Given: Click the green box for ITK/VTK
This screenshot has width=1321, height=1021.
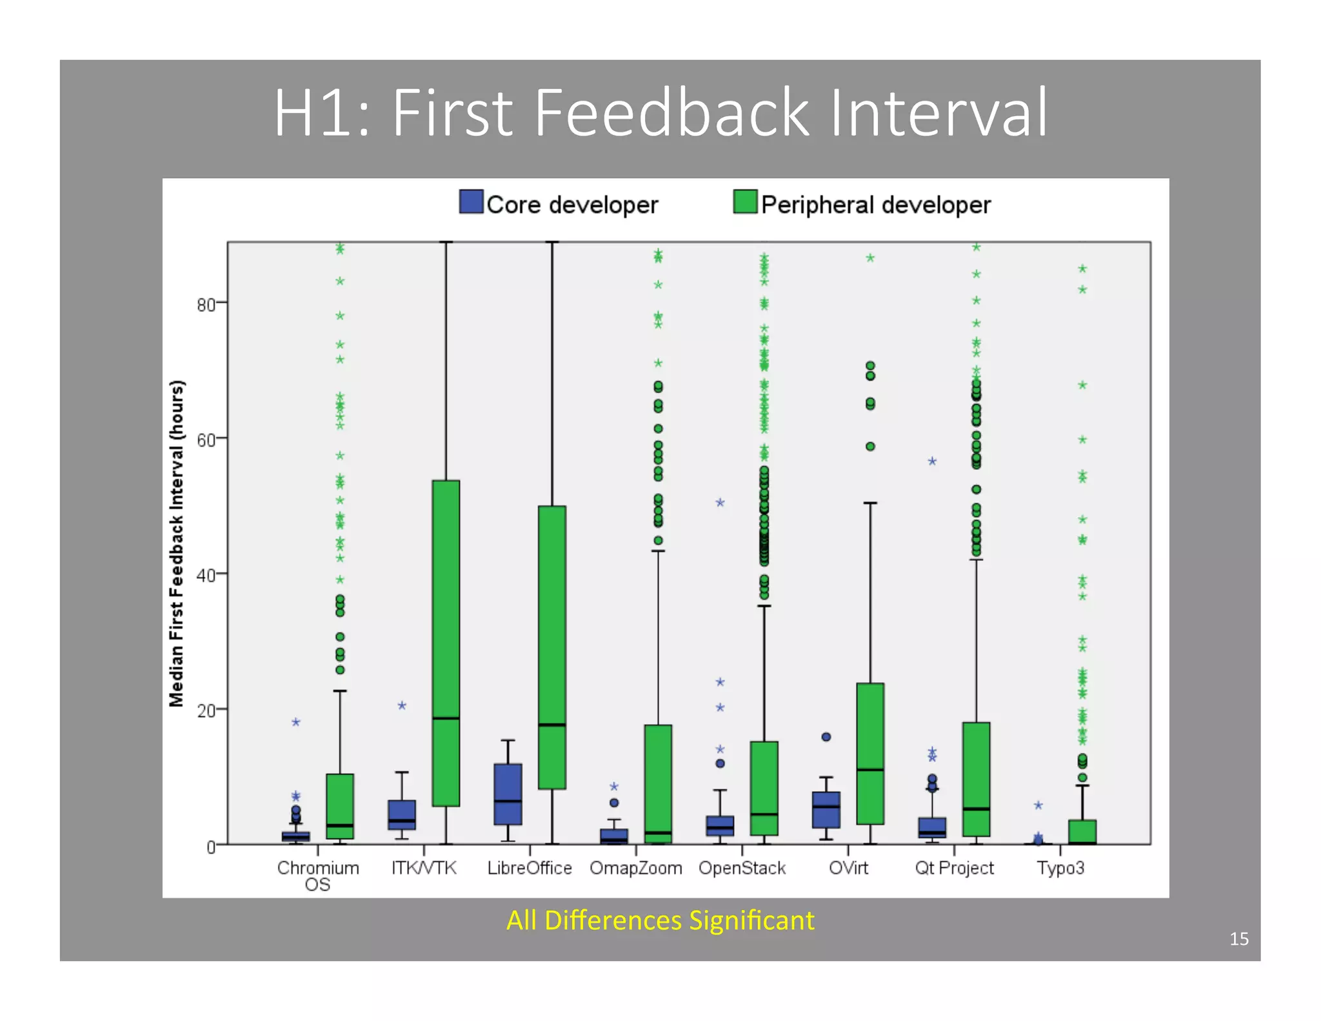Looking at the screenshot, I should [446, 643].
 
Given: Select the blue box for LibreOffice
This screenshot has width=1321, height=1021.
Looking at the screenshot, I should [508, 794].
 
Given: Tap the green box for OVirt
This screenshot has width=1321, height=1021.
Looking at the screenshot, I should [870, 753].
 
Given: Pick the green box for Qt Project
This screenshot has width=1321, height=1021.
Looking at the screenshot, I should [976, 779].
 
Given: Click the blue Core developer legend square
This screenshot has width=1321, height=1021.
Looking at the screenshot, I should [471, 202].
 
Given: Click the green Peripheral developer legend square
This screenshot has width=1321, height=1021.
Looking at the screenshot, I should [745, 202].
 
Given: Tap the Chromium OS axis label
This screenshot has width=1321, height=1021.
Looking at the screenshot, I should [318, 876].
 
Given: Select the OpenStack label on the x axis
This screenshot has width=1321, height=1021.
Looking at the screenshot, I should [742, 868].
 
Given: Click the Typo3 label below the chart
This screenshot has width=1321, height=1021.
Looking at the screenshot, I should [1060, 868].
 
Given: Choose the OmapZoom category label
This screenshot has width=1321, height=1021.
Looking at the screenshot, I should [635, 868].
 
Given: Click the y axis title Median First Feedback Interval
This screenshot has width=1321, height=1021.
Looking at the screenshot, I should [177, 543].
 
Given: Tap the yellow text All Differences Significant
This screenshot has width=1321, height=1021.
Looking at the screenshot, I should [660, 920].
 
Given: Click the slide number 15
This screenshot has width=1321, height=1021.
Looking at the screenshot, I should [1238, 938].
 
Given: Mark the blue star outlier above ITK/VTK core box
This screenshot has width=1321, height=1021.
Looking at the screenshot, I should [402, 706].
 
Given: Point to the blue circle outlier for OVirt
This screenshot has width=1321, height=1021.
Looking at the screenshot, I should [826, 737].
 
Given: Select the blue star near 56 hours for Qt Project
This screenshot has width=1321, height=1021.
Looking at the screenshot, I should [932, 461].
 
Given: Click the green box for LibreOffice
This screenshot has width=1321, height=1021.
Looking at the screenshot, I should [552, 647].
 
